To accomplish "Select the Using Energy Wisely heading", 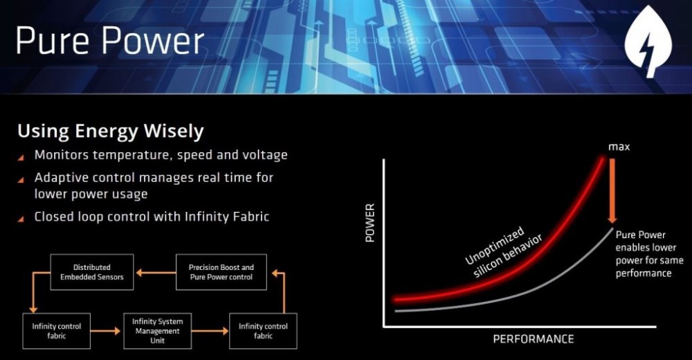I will click(x=111, y=131).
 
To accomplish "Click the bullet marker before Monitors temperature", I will click(x=23, y=156).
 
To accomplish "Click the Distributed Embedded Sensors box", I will click(x=91, y=271).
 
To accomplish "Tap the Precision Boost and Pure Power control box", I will click(x=221, y=271).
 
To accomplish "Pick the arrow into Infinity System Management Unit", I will click(x=106, y=331).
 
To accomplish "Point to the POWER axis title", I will click(x=370, y=223).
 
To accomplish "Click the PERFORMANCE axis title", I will click(x=533, y=339).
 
